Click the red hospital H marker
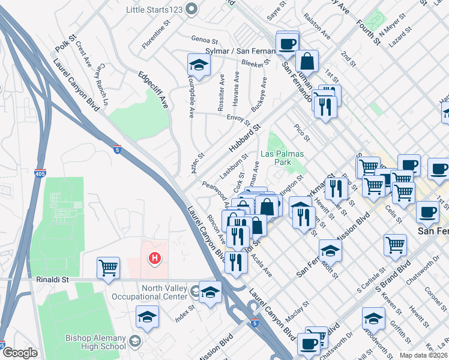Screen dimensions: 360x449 (154, 259)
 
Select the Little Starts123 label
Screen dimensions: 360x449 (154, 10)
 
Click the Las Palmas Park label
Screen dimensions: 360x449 (282, 158)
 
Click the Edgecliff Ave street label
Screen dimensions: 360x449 (153, 90)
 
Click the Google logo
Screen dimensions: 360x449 (19, 353)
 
